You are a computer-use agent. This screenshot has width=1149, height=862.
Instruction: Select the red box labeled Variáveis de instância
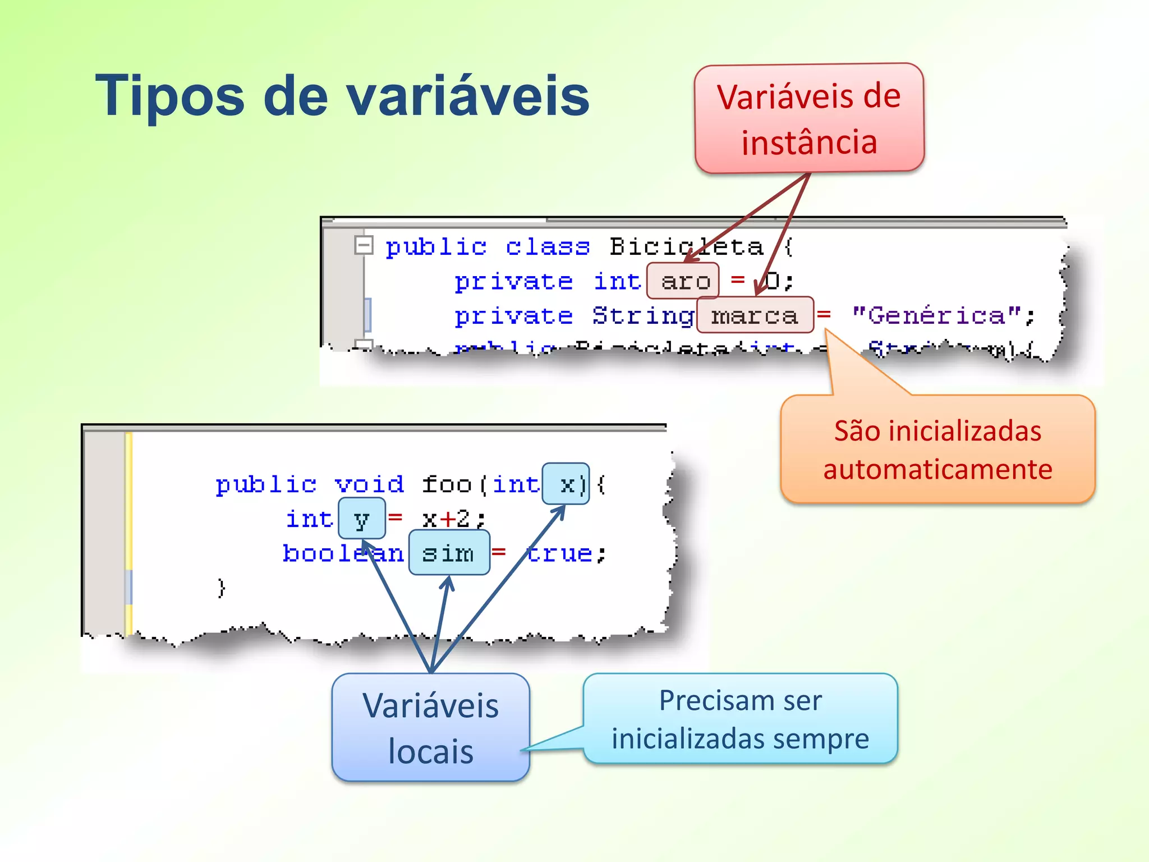pyautogui.click(x=809, y=118)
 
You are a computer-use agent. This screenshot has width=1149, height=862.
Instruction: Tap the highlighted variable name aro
pyautogui.click(x=683, y=281)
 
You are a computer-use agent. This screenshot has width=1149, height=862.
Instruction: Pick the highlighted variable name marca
pyautogui.click(x=755, y=315)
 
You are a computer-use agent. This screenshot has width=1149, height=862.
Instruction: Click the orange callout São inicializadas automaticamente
pyautogui.click(x=937, y=450)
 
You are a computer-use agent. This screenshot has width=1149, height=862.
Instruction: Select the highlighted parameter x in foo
pyautogui.click(x=567, y=484)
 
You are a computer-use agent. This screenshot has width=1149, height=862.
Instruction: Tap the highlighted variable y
pyautogui.click(x=362, y=519)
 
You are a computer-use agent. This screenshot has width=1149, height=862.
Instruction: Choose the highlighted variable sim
pyautogui.click(x=449, y=553)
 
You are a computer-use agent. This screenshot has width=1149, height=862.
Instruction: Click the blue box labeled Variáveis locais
pyautogui.click(x=430, y=727)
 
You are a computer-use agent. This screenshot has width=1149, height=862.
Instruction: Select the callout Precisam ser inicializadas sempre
pyautogui.click(x=740, y=719)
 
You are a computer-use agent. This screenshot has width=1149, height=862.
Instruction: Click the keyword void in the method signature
pyautogui.click(x=369, y=484)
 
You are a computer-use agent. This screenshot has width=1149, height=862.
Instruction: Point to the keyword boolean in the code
pyautogui.click(x=342, y=553)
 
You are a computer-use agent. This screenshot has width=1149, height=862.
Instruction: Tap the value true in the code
pyautogui.click(x=559, y=553)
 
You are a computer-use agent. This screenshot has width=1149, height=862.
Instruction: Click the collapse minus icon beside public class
pyautogui.click(x=364, y=245)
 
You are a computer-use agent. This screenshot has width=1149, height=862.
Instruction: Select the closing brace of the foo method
pyautogui.click(x=221, y=588)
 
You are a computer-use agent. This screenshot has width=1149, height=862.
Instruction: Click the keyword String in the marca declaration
pyautogui.click(x=643, y=316)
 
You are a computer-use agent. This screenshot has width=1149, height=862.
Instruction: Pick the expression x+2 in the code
pyautogui.click(x=447, y=519)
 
